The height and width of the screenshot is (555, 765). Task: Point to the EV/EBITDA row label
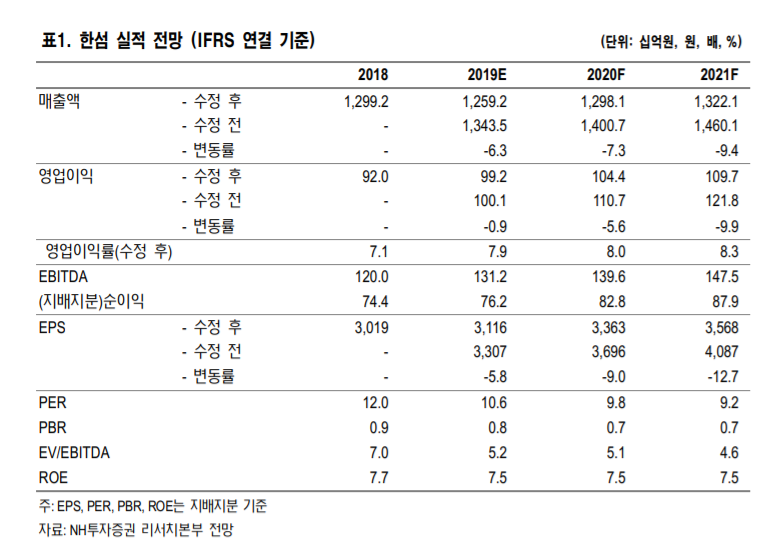point(74,453)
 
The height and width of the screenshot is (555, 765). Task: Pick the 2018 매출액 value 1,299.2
point(364,101)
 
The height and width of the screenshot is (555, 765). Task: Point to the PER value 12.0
point(374,403)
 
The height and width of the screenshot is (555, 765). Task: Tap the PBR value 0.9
point(378,428)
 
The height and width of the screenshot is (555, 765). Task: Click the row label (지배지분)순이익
point(90,302)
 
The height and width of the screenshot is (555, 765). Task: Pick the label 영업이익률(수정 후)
point(109,252)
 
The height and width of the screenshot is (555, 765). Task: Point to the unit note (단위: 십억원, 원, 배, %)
point(670,42)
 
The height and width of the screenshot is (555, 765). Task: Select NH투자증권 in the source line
point(107,530)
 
